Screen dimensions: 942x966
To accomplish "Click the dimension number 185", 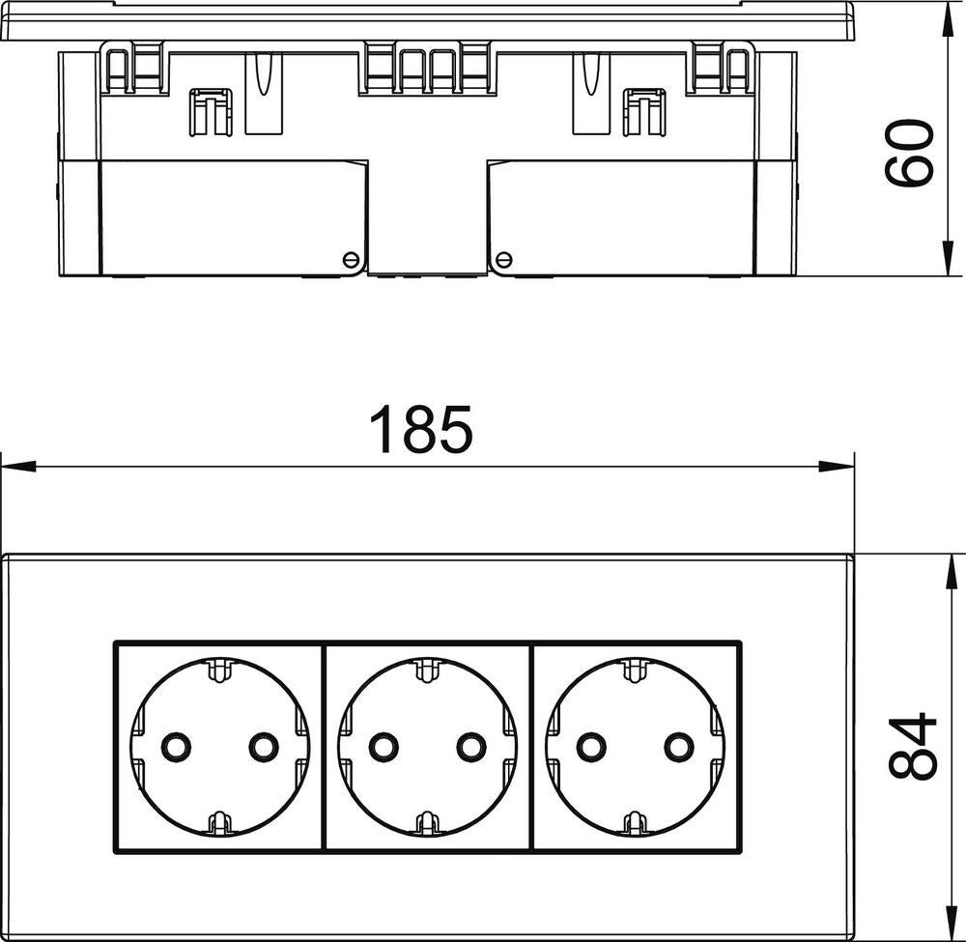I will pyautogui.click(x=424, y=430).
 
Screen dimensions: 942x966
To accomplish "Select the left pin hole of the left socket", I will pyautogui.click(x=175, y=746).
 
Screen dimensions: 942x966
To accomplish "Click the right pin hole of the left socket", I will pyautogui.click(x=263, y=746).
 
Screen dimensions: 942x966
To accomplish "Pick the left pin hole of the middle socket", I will pyautogui.click(x=384, y=746).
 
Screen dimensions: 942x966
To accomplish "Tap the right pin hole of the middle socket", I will pyautogui.click(x=471, y=746).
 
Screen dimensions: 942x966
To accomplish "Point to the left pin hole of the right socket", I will pyautogui.click(x=591, y=746).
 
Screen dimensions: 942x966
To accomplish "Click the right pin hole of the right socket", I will pyautogui.click(x=679, y=746).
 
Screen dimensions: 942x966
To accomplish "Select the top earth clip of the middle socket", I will pyautogui.click(x=424, y=669).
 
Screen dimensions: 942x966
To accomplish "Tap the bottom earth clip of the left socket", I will pyautogui.click(x=218, y=822).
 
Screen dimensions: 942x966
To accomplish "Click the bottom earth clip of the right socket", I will pyautogui.click(x=635, y=822).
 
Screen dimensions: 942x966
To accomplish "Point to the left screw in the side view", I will pyautogui.click(x=352, y=258).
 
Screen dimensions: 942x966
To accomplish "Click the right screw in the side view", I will pyautogui.click(x=502, y=258).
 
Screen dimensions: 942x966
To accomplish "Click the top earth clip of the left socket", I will pyautogui.click(x=218, y=669).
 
